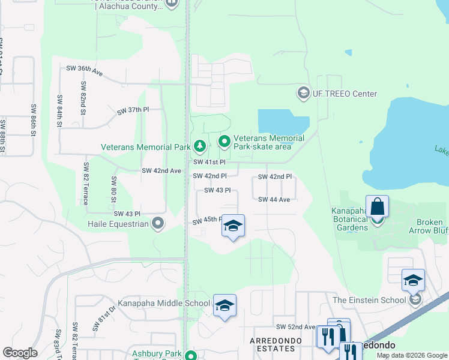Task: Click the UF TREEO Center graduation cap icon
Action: pos(303,93)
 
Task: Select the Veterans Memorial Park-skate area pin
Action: pos(224,142)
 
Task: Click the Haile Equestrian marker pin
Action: pos(157,224)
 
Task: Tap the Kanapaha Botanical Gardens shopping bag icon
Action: pos(377,207)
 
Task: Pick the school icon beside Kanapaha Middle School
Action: pos(224,305)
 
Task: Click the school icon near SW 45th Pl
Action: pos(233,226)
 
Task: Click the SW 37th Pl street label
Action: pos(133,110)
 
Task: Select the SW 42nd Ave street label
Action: pos(161,170)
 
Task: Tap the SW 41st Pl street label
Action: pos(209,162)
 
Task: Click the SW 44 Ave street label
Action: pos(274,199)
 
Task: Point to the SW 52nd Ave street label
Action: pos(295,327)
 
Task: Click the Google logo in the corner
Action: pos(20,353)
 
